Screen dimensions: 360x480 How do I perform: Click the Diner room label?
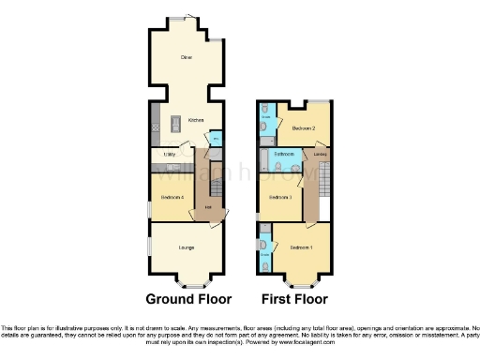[x=187, y=57]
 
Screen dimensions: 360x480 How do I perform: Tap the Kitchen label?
[x=196, y=120]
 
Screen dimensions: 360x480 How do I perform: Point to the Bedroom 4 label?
[x=172, y=197]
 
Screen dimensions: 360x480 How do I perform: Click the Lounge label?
[x=187, y=247]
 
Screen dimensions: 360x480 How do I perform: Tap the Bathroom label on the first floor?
[x=285, y=153]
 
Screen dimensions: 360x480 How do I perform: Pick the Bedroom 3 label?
[x=281, y=197]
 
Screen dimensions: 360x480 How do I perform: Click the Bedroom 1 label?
[x=300, y=247]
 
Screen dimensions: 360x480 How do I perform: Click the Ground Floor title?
[x=187, y=300]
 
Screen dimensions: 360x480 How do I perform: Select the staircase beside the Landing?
[x=325, y=183]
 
